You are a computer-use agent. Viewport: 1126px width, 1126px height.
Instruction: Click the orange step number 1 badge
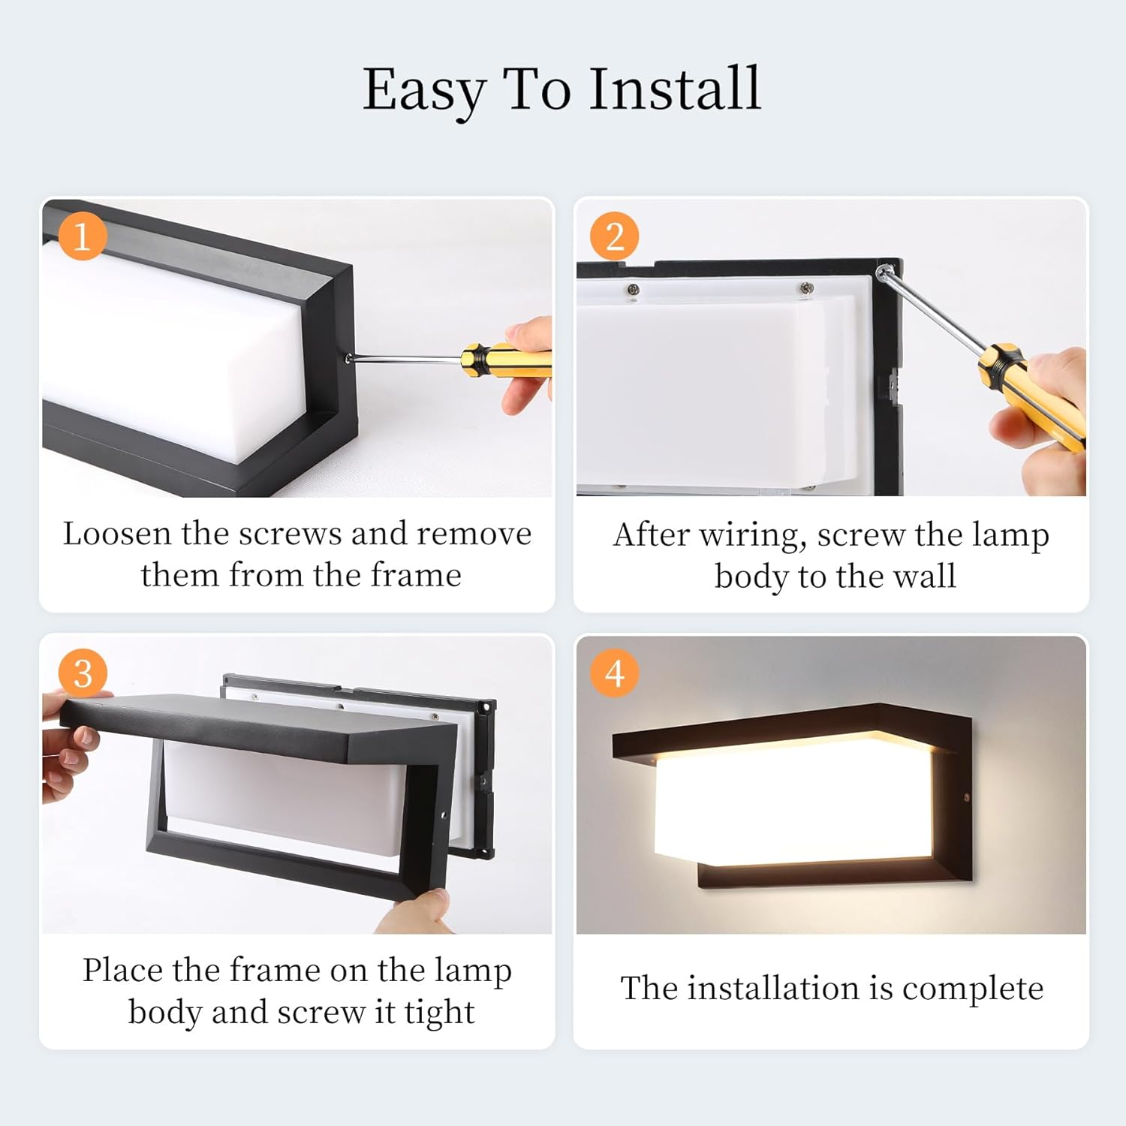[82, 236]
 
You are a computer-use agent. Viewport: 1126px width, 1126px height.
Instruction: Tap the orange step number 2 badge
[614, 236]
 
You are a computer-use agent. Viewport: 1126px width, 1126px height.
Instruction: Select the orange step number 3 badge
[83, 673]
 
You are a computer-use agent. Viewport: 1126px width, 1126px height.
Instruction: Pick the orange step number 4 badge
[614, 673]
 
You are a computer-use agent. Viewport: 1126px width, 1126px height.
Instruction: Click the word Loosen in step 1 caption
[116, 534]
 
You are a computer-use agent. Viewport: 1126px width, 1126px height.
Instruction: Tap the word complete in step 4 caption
[972, 989]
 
